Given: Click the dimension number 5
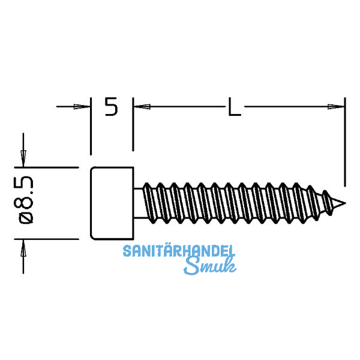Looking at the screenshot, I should (111, 107).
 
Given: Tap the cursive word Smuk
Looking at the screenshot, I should (207, 266).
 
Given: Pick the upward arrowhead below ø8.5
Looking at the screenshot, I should (23, 247).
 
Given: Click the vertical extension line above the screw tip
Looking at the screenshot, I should (346, 141).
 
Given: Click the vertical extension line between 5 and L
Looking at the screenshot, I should (133, 123).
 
